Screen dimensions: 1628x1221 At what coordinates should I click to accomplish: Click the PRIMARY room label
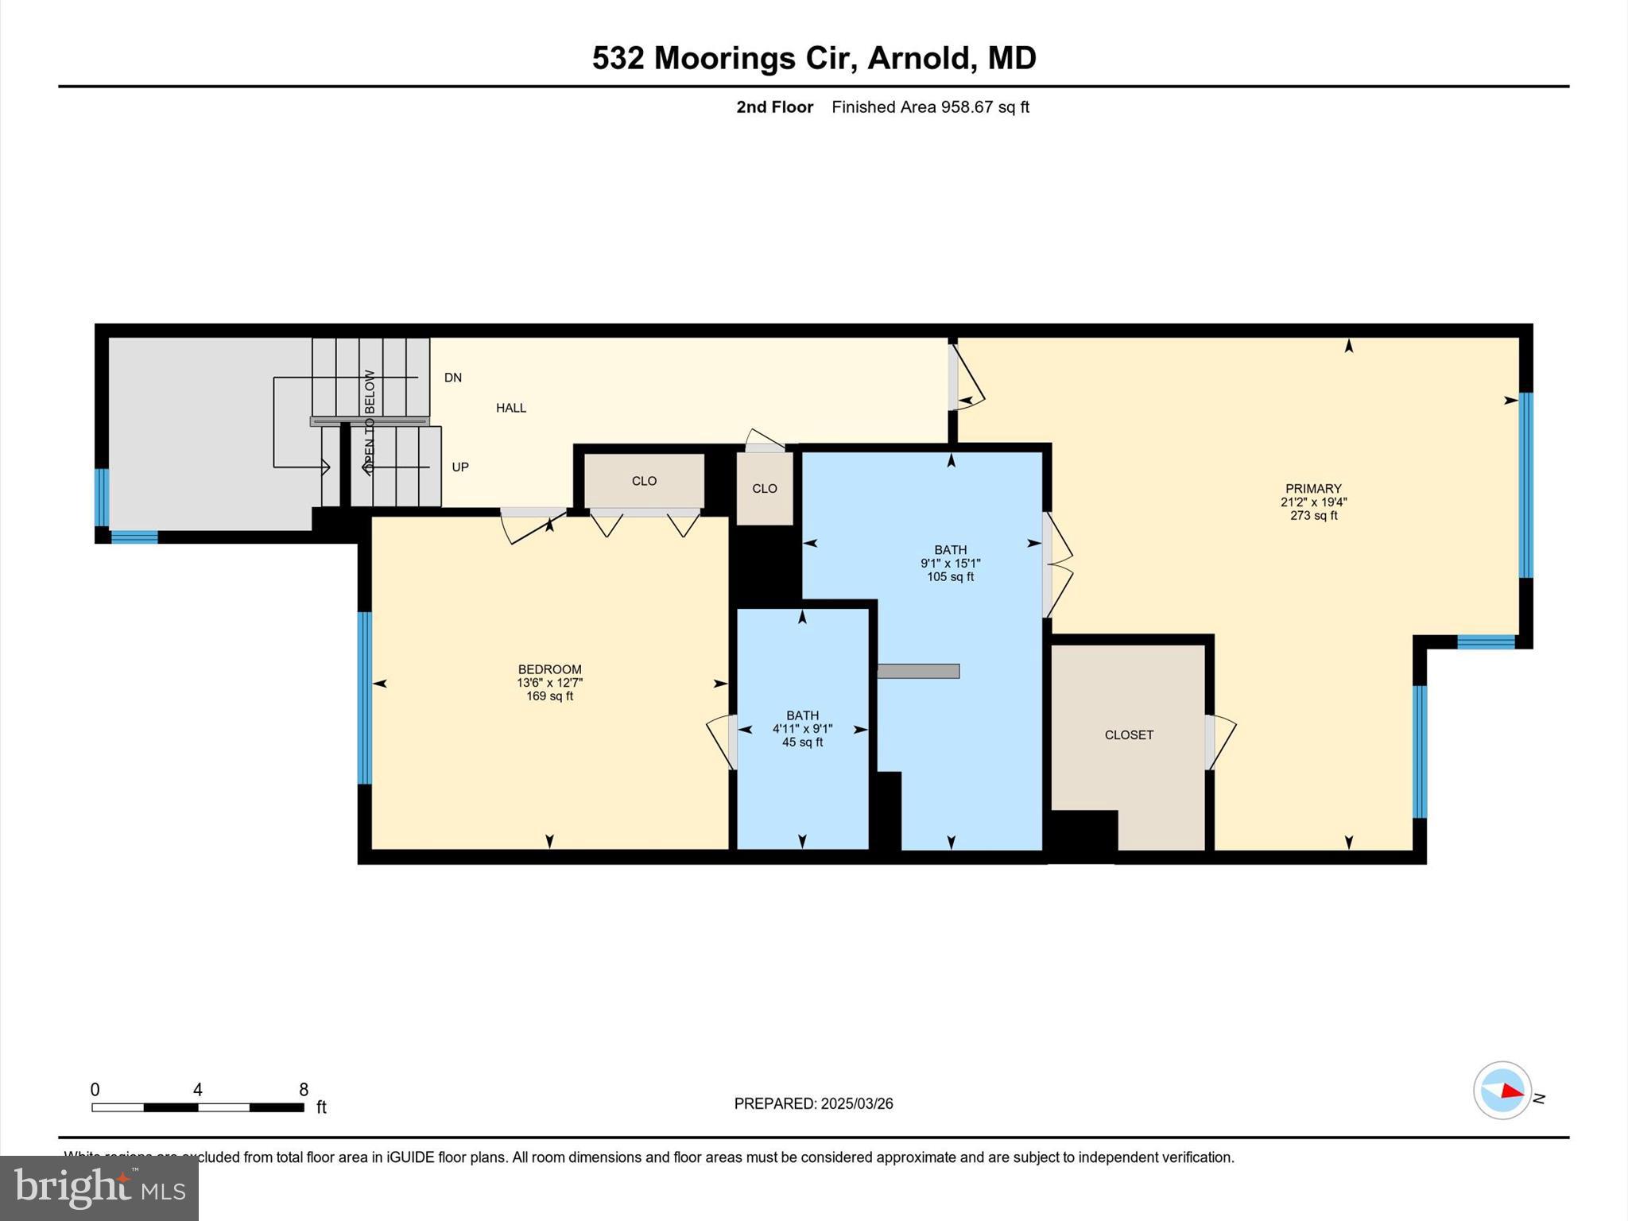tap(1313, 489)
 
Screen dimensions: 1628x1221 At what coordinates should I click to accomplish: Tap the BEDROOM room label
tap(549, 669)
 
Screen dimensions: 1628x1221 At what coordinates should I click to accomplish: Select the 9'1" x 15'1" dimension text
tap(950, 564)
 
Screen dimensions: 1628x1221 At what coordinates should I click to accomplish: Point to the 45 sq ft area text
tap(802, 742)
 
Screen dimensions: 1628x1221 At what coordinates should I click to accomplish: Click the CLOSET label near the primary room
tap(1129, 735)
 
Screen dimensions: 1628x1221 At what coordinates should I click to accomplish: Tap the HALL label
tap(511, 408)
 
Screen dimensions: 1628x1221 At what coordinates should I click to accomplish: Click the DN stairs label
tap(453, 378)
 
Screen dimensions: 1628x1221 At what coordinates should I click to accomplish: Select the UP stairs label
tap(460, 467)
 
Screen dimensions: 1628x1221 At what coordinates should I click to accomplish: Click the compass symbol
tap(1502, 1091)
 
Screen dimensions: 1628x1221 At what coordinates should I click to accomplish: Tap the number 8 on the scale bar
tap(304, 1090)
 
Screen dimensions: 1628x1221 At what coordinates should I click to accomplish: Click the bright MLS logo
tap(99, 1188)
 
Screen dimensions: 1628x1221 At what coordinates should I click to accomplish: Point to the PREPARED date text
tap(813, 1103)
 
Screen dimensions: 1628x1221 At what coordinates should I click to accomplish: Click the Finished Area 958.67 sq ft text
tap(930, 107)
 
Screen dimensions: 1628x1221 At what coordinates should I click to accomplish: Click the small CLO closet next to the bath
tap(765, 489)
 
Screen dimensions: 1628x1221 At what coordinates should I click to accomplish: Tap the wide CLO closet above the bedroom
tap(644, 481)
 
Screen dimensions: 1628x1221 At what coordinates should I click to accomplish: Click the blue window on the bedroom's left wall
tap(365, 698)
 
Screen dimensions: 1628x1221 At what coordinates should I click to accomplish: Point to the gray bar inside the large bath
tap(918, 671)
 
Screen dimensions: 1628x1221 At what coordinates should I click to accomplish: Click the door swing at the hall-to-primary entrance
tap(968, 382)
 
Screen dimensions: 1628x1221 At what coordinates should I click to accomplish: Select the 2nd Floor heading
tap(774, 107)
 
